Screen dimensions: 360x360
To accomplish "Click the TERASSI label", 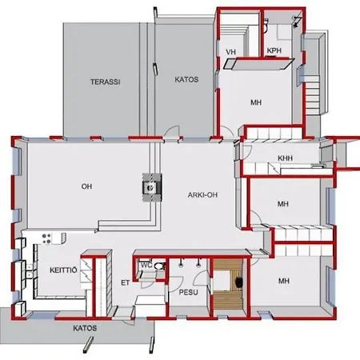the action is point(105,82).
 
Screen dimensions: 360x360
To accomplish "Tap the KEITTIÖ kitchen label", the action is point(63,270).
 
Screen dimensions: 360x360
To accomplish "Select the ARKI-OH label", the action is point(202,195).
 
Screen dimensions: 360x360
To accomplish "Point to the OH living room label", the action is point(86,186).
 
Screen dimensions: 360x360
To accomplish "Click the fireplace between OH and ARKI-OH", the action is point(152,187).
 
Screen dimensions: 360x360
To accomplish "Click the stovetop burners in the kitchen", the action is point(46,238).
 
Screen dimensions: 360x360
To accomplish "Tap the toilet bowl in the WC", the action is point(159,266).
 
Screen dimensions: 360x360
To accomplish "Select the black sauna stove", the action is point(238,280).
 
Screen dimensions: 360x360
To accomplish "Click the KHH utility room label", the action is point(285,158).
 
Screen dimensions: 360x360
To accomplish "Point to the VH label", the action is point(231,52).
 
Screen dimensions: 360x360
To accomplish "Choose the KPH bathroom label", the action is point(274,50).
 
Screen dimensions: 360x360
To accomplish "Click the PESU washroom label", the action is point(188,292).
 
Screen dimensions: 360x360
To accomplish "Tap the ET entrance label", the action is point(125,282).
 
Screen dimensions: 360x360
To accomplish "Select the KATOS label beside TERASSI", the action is point(186,79).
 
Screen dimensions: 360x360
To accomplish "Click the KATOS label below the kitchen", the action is point(85,328).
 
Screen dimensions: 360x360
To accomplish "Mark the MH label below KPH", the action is point(256,102).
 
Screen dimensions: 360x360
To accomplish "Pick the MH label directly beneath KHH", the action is point(283,204).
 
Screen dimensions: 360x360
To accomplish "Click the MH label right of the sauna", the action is point(284,281).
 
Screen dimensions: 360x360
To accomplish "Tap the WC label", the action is point(146,266).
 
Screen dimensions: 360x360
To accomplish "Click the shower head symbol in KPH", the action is point(297,22).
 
